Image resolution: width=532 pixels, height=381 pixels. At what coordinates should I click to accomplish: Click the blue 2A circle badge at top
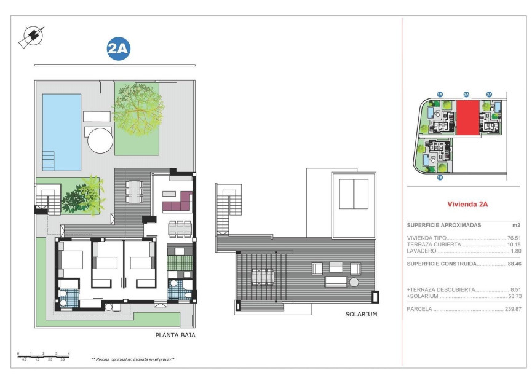point(119,50)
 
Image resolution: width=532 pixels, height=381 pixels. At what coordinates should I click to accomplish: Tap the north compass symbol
point(31,36)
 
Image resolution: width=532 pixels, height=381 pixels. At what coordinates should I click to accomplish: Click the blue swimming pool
point(62,132)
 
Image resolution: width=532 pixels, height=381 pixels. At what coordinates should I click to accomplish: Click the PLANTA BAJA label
point(175,336)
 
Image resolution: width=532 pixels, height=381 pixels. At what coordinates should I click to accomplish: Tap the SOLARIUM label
point(362,314)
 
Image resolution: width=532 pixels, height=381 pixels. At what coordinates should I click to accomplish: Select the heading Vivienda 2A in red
point(467,205)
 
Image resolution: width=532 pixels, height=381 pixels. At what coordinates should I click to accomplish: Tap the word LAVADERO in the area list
point(422,251)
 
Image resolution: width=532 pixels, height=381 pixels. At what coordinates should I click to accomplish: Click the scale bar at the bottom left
point(44,355)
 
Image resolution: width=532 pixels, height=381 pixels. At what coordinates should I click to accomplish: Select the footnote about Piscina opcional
point(133,359)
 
